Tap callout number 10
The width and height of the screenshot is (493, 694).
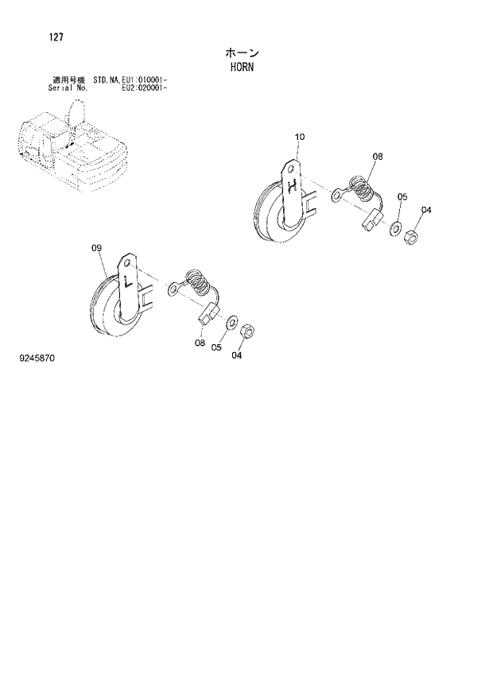coord(299,138)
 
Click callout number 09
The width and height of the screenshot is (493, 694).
coord(97,249)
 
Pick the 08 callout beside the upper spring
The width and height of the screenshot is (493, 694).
coord(377,157)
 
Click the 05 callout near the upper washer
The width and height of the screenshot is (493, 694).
coord(402,197)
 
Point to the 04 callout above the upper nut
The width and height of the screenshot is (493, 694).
coord(426,210)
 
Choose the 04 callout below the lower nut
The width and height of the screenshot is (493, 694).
coord(237,355)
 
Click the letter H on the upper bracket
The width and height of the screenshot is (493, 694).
coord(293,188)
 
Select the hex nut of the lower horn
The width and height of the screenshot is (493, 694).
coord(246,328)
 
